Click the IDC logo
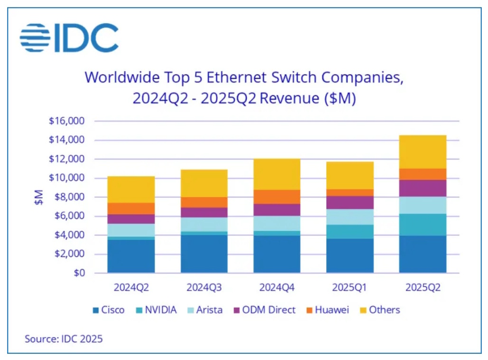point(69,38)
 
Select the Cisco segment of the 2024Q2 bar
point(131,256)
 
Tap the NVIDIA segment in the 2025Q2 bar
point(422,225)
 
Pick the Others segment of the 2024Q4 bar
point(277,174)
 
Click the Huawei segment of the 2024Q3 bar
point(204,202)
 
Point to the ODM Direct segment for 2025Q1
point(350,202)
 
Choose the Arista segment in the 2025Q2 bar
point(422,205)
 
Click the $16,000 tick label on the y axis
point(66,121)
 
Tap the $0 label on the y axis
point(78,273)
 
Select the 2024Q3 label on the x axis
point(204,287)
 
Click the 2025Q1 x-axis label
point(350,287)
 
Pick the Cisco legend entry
point(109,310)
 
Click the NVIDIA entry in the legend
point(156,310)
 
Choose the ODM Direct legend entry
point(264,310)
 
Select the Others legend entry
point(379,310)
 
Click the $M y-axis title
point(39,197)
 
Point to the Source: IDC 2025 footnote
point(64,339)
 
